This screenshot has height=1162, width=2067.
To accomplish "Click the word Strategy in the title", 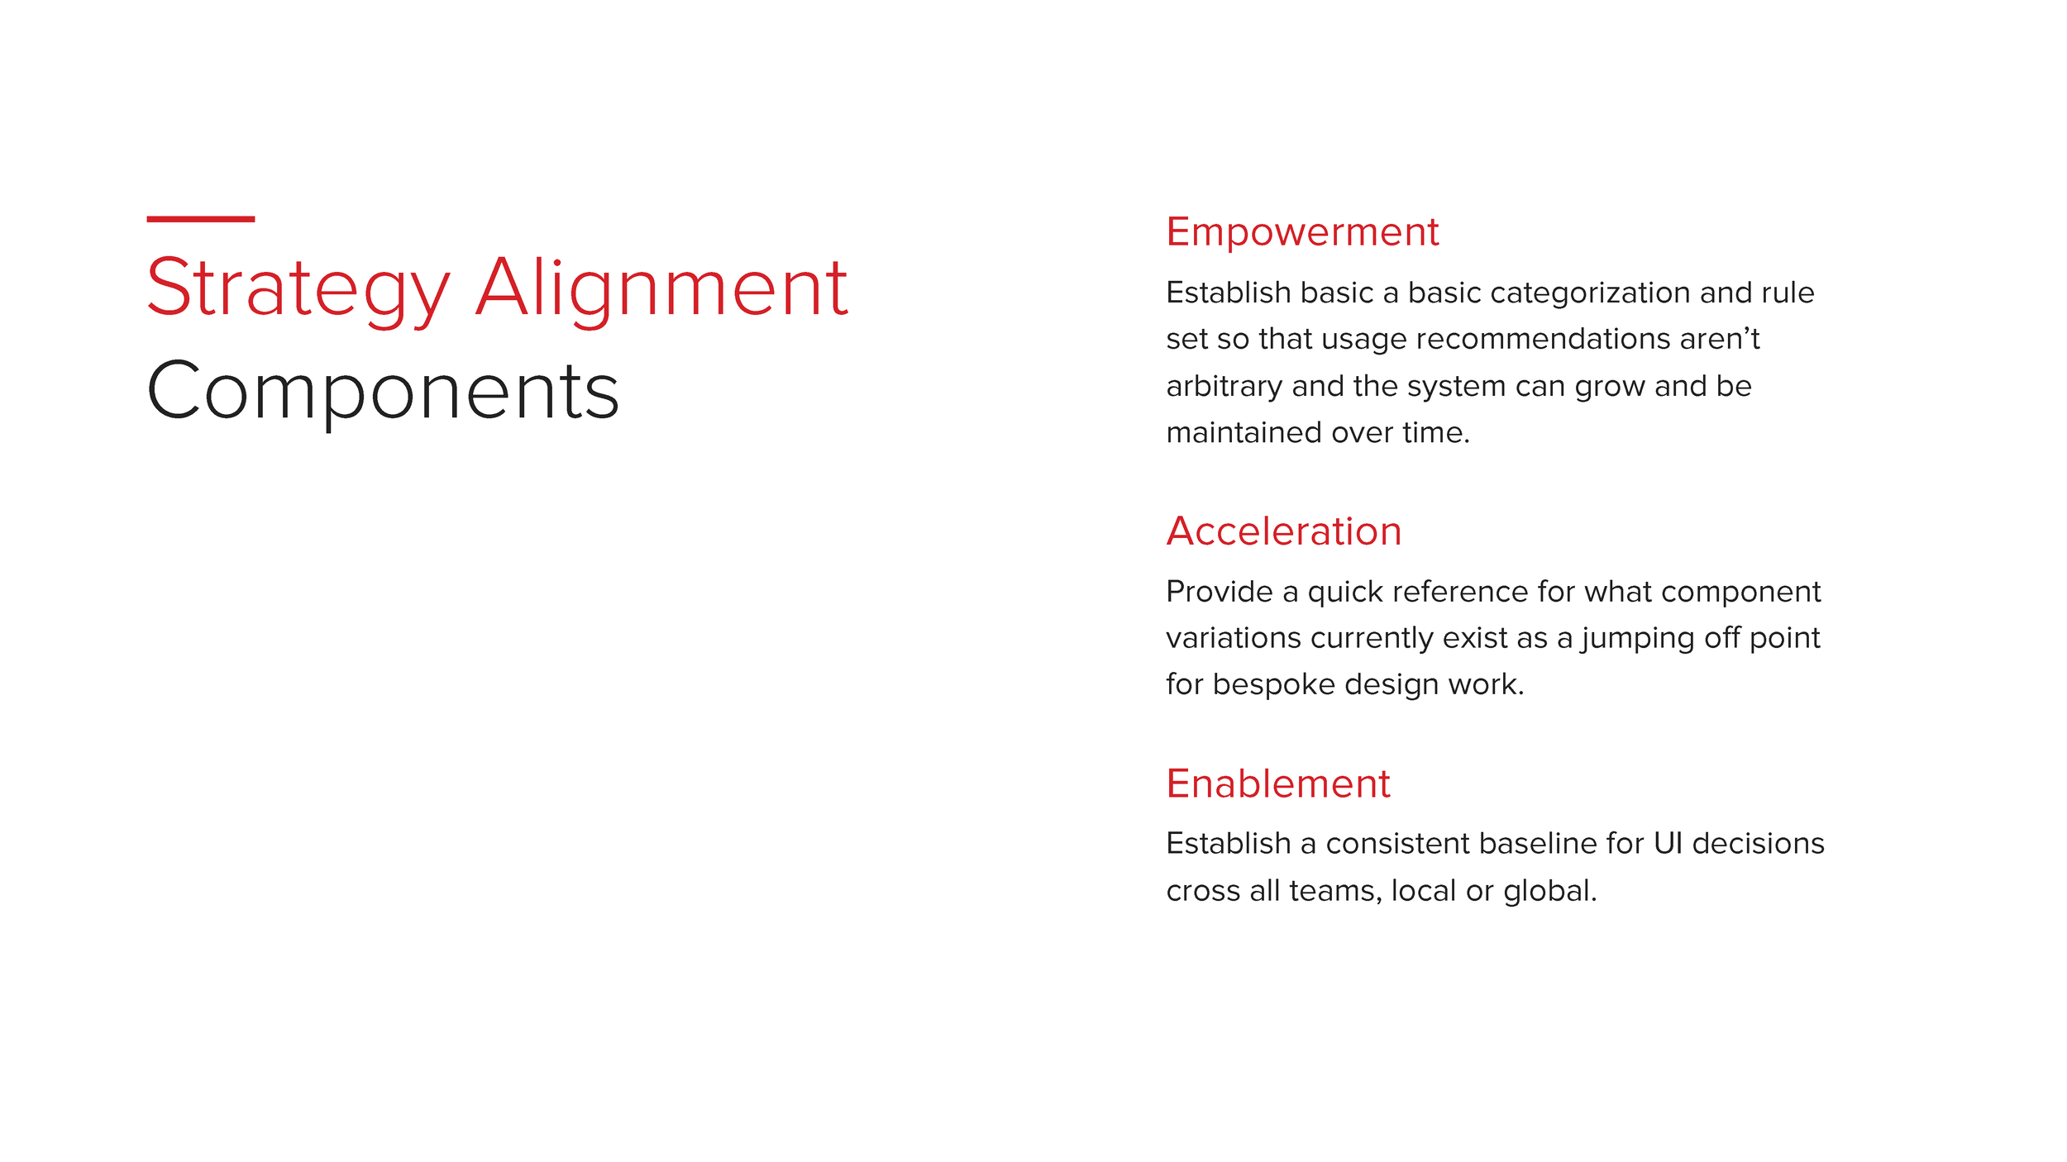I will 298,289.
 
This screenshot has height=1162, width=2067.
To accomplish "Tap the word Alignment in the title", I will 661,289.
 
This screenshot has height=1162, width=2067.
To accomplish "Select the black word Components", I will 383,392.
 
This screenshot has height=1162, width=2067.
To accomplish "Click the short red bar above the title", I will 200,219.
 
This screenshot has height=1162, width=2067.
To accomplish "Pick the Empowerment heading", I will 1301,232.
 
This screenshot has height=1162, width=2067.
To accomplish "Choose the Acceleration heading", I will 1283,531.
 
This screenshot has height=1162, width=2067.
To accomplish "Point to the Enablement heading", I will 1277,783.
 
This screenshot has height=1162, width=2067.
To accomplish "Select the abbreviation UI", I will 1667,844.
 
